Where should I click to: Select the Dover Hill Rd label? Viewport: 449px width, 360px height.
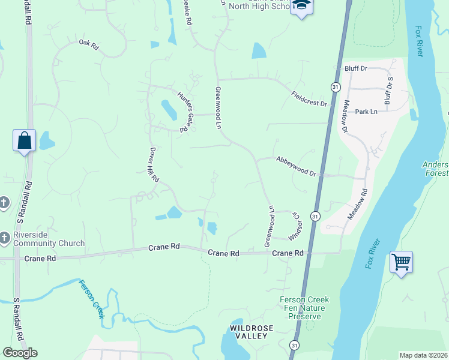click(154, 165)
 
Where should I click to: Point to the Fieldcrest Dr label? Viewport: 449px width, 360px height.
click(310, 98)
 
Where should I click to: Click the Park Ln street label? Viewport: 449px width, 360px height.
click(366, 112)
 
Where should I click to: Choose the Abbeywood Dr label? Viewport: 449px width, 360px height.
click(296, 166)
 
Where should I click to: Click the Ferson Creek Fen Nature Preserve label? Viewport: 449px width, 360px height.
click(302, 308)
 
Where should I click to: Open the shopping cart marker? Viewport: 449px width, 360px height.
click(401, 262)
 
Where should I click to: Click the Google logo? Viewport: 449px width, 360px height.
click(20, 353)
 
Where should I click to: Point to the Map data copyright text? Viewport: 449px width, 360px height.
click(423, 355)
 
